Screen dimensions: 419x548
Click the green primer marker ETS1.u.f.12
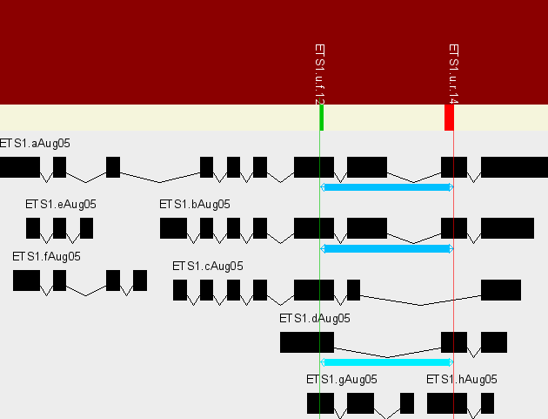(x=322, y=118)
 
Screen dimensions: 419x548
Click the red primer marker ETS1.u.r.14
(x=449, y=118)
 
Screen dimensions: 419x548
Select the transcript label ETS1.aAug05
(x=35, y=144)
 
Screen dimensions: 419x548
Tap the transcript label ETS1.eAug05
(x=61, y=205)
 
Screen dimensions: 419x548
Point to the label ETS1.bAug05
(x=195, y=205)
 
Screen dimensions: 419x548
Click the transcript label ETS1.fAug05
(x=47, y=257)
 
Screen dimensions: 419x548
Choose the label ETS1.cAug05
(x=208, y=267)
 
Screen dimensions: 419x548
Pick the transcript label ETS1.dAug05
(x=315, y=319)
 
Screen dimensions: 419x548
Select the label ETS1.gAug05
(x=342, y=380)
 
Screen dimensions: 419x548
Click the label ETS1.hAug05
(x=462, y=380)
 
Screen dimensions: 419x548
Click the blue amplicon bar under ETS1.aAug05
(x=387, y=187)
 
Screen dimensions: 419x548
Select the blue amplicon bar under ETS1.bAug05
(x=387, y=249)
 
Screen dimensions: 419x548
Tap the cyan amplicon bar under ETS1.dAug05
(x=387, y=362)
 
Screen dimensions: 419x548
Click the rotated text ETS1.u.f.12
(x=319, y=74)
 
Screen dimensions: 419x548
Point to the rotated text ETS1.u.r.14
(x=452, y=74)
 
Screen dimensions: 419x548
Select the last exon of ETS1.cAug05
(x=501, y=290)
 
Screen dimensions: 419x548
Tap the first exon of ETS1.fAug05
(x=26, y=280)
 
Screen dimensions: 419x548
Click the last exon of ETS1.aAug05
(x=514, y=167)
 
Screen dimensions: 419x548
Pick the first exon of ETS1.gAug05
(x=320, y=403)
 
